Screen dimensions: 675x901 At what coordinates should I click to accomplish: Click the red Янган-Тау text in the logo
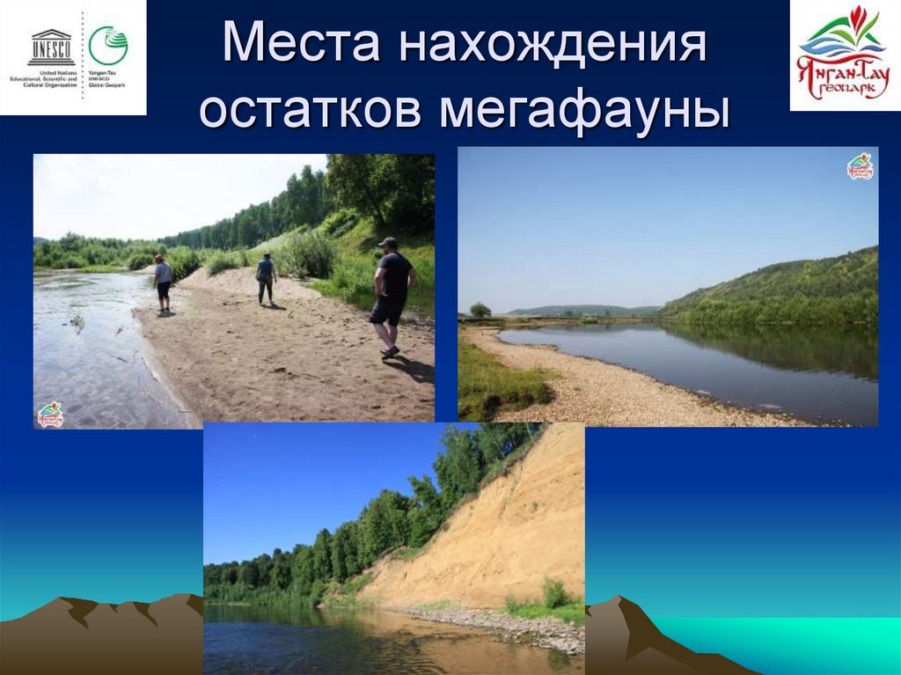[x=843, y=70]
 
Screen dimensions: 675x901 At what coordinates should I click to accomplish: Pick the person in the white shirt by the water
[x=163, y=282]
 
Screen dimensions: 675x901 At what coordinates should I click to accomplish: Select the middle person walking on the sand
[x=266, y=278]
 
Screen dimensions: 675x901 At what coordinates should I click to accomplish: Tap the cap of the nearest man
[x=387, y=241]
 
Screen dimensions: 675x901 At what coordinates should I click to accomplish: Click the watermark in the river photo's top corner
[x=860, y=166]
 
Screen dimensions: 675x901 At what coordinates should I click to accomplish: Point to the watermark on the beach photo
[x=50, y=415]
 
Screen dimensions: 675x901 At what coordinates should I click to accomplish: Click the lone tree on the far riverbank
[x=480, y=309]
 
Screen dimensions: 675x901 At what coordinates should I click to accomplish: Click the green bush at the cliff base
[x=555, y=594]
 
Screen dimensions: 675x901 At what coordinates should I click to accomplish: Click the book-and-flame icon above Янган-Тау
[x=845, y=31]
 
